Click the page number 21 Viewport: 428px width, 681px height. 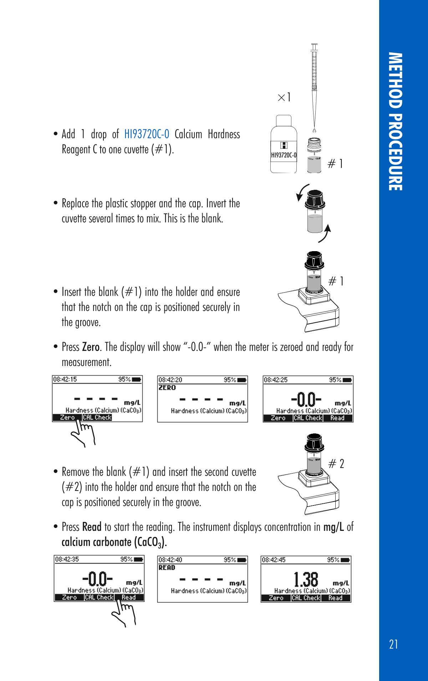(x=394, y=644)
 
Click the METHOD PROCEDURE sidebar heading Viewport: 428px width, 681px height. (x=396, y=122)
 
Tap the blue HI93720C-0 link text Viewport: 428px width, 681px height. (x=147, y=134)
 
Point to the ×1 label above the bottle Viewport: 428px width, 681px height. (x=284, y=97)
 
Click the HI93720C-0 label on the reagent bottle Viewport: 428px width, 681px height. (x=284, y=155)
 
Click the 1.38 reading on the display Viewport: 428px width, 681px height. (x=306, y=580)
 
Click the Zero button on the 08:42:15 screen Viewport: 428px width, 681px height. (x=67, y=418)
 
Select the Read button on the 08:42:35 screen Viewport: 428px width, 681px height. (x=128, y=598)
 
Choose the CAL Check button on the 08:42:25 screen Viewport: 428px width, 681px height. (x=308, y=418)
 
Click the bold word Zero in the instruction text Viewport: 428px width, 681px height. (x=91, y=347)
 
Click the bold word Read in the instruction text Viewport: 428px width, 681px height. (x=92, y=527)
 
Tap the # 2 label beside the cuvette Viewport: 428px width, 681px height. (x=336, y=464)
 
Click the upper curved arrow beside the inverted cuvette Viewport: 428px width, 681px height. (x=302, y=193)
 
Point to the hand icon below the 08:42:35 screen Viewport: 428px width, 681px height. (x=124, y=614)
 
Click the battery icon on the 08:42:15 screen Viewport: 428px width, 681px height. (x=137, y=380)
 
